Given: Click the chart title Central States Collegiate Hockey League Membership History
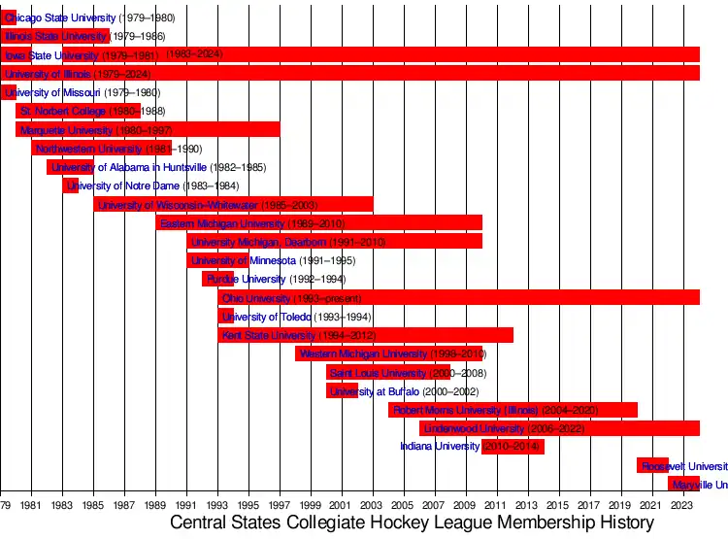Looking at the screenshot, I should (x=412, y=523).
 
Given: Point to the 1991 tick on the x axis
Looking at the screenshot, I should (x=186, y=506).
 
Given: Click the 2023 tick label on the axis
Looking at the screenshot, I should (x=683, y=506).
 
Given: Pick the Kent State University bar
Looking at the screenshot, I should (x=365, y=336).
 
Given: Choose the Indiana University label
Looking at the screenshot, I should (x=440, y=447).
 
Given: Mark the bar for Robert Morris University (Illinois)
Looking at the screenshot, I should (x=513, y=410).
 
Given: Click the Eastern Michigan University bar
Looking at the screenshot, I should (x=318, y=223).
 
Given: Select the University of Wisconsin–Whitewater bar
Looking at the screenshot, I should (x=233, y=205).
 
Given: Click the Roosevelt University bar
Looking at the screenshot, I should (x=652, y=466).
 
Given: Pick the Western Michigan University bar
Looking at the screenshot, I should (x=388, y=354).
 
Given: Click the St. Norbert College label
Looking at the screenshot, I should (x=63, y=112).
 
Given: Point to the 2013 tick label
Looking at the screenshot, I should (x=528, y=506).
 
